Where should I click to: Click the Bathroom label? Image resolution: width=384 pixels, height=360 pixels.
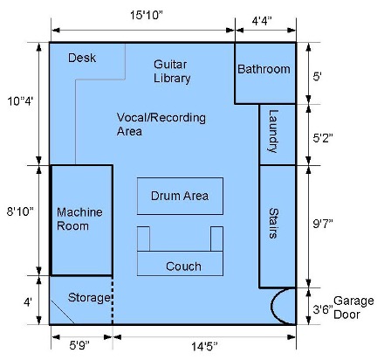pos(264,69)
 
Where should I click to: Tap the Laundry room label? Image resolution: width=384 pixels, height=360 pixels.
pos(273,131)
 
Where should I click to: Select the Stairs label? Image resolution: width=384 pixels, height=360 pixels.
pos(273,224)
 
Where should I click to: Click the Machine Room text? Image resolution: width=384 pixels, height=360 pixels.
pos(79,218)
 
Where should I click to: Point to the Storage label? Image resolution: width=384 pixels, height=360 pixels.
pos(89,298)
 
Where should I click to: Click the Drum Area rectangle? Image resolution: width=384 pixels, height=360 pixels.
pos(180,196)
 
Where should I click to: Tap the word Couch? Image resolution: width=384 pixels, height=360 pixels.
pos(183,267)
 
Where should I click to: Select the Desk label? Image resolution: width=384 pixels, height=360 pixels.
pos(82,58)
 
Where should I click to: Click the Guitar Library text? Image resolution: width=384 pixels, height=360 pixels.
pos(172,71)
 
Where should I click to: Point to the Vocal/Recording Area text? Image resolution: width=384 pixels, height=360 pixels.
pos(161,124)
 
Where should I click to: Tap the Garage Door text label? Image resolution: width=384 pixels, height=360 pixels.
pos(353,308)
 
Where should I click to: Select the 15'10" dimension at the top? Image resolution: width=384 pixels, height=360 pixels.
pos(146,15)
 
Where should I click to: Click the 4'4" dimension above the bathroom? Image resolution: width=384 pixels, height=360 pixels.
pos(262,21)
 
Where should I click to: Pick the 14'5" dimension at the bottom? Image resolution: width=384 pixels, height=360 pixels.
pos(204,347)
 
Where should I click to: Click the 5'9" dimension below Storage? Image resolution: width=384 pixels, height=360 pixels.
pos(79,346)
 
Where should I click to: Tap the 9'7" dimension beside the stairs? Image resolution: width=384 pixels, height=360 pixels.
pos(323,224)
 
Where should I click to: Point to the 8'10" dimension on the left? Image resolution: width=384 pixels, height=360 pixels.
pos(20,211)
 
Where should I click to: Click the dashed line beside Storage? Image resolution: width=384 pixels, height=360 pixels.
pos(113,300)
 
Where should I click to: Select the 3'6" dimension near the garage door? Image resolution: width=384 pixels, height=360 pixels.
pos(323,309)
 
